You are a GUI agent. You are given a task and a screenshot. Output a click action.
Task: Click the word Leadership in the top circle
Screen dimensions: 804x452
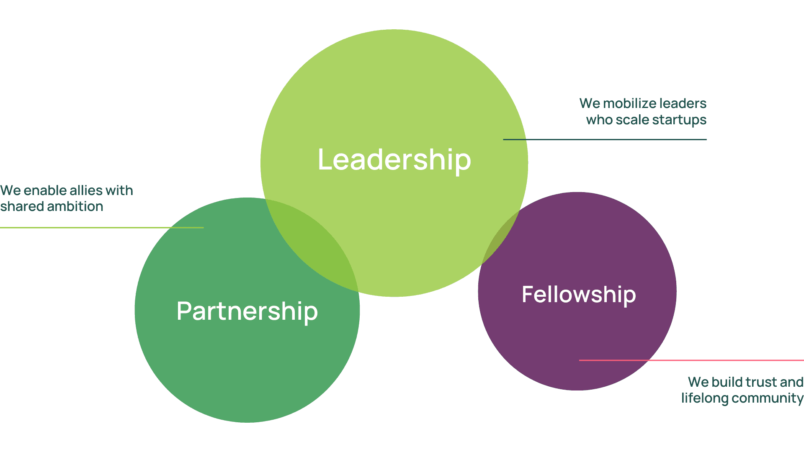point(394,160)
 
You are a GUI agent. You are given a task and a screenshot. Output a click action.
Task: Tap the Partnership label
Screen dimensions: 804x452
point(247,311)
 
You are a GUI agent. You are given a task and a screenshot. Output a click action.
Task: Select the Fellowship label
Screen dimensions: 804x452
point(579,295)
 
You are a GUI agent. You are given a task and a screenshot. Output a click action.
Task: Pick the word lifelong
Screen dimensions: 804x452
point(705,398)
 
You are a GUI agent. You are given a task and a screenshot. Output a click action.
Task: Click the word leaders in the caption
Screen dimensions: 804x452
point(683,103)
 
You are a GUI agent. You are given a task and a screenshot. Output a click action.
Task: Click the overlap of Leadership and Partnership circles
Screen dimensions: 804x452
point(318,243)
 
